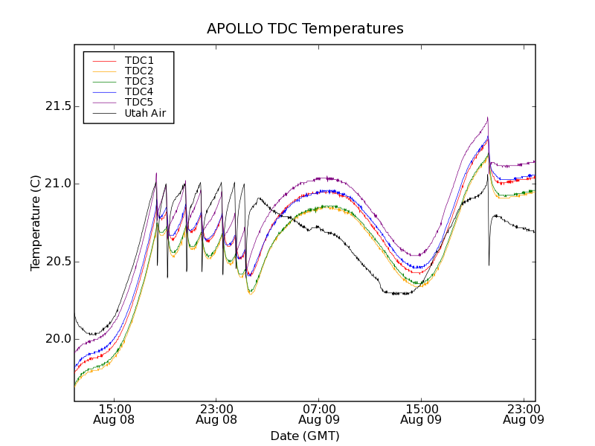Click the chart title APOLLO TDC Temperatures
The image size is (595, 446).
(x=305, y=29)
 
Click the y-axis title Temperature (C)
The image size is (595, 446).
(x=36, y=223)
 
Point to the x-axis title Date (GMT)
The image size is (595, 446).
(x=305, y=436)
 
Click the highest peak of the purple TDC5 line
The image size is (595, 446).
(x=487, y=117)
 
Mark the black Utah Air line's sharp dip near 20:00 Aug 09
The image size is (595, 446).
(x=489, y=265)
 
